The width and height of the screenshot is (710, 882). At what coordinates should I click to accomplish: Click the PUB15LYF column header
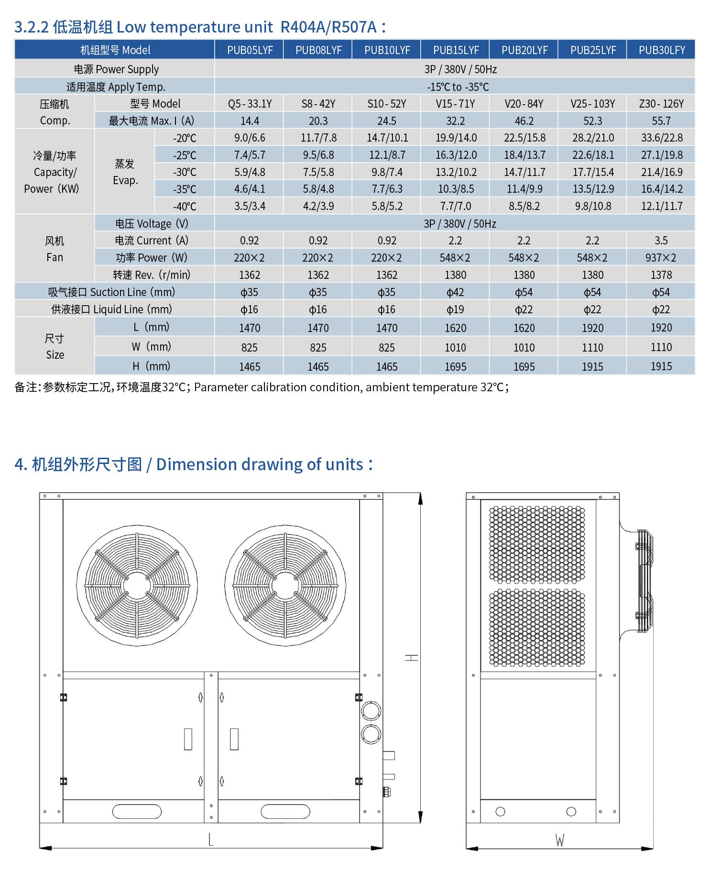pyautogui.click(x=456, y=50)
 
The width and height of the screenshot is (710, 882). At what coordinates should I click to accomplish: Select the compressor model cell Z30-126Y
pyautogui.click(x=661, y=104)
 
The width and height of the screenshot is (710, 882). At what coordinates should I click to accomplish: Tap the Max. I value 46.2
pyautogui.click(x=524, y=121)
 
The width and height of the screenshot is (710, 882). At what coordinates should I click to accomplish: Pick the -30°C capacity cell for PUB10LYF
pyautogui.click(x=387, y=172)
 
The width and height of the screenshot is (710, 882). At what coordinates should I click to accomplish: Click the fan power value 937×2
pyautogui.click(x=661, y=258)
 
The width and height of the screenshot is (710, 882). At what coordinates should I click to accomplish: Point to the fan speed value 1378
pyautogui.click(x=661, y=275)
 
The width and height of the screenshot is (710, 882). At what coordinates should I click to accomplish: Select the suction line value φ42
pyautogui.click(x=455, y=292)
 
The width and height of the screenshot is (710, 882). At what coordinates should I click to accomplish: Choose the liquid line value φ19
pyautogui.click(x=455, y=309)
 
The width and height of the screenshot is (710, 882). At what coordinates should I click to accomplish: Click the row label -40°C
pyautogui.click(x=185, y=207)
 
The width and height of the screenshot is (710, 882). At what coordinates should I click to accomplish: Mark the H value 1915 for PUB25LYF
pyautogui.click(x=592, y=367)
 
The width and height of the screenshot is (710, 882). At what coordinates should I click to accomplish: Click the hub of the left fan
pyautogui.click(x=137, y=585)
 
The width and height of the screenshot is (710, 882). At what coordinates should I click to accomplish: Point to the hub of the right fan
pyautogui.click(x=285, y=585)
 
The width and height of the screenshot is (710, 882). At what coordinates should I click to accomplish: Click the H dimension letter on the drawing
pyautogui.click(x=411, y=658)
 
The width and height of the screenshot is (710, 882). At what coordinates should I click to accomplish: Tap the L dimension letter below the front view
pyautogui.click(x=211, y=839)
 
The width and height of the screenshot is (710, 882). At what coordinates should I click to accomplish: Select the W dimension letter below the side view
pyautogui.click(x=559, y=839)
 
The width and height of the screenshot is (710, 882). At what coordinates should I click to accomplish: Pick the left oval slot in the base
pyautogui.click(x=137, y=811)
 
